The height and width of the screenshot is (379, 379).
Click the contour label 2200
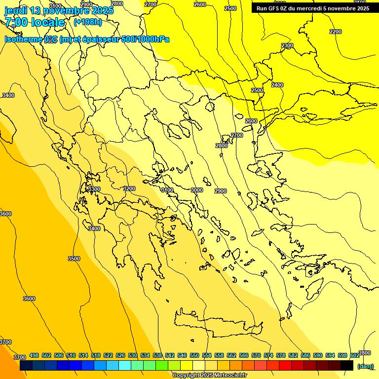point(335,32)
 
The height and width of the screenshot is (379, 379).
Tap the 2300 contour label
point(287,45)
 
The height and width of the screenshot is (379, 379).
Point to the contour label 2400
point(277,85)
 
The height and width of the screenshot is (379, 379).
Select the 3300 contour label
point(94,189)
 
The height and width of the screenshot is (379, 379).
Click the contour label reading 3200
point(129,189)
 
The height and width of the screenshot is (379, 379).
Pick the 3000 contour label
point(197,190)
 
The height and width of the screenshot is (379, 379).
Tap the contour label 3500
point(74,259)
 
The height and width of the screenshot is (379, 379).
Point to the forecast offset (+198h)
point(87,22)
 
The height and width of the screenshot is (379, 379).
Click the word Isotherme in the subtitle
point(23,39)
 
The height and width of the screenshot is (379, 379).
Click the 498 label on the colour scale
point(34,355)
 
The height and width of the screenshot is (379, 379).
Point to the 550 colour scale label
point(194,355)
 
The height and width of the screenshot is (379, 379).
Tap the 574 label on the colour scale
point(268,355)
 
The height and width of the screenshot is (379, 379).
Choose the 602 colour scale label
point(355,355)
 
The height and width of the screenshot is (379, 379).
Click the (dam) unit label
point(366,366)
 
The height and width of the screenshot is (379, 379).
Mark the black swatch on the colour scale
point(347,366)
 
